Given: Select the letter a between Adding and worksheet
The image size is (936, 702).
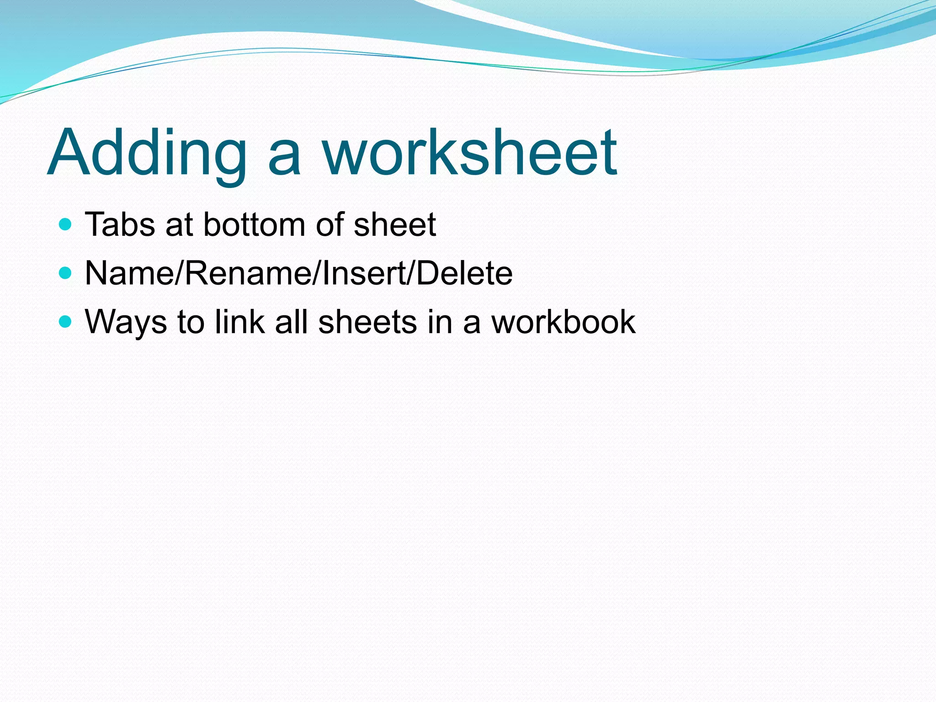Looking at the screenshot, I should (x=284, y=158).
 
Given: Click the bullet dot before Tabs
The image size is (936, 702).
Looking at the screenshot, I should (x=66, y=224).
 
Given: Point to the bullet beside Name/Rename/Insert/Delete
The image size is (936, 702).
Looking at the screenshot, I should (x=66, y=273).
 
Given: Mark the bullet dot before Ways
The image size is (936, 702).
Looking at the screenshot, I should (x=66, y=322).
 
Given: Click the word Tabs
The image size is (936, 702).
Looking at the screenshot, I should (x=120, y=225).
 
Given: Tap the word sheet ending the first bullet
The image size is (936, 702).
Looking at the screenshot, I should (x=395, y=225).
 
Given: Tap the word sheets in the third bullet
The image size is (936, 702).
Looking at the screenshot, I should (x=367, y=322).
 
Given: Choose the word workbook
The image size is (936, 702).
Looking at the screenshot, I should (x=563, y=322).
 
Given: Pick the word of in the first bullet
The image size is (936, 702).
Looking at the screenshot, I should (x=330, y=225).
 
